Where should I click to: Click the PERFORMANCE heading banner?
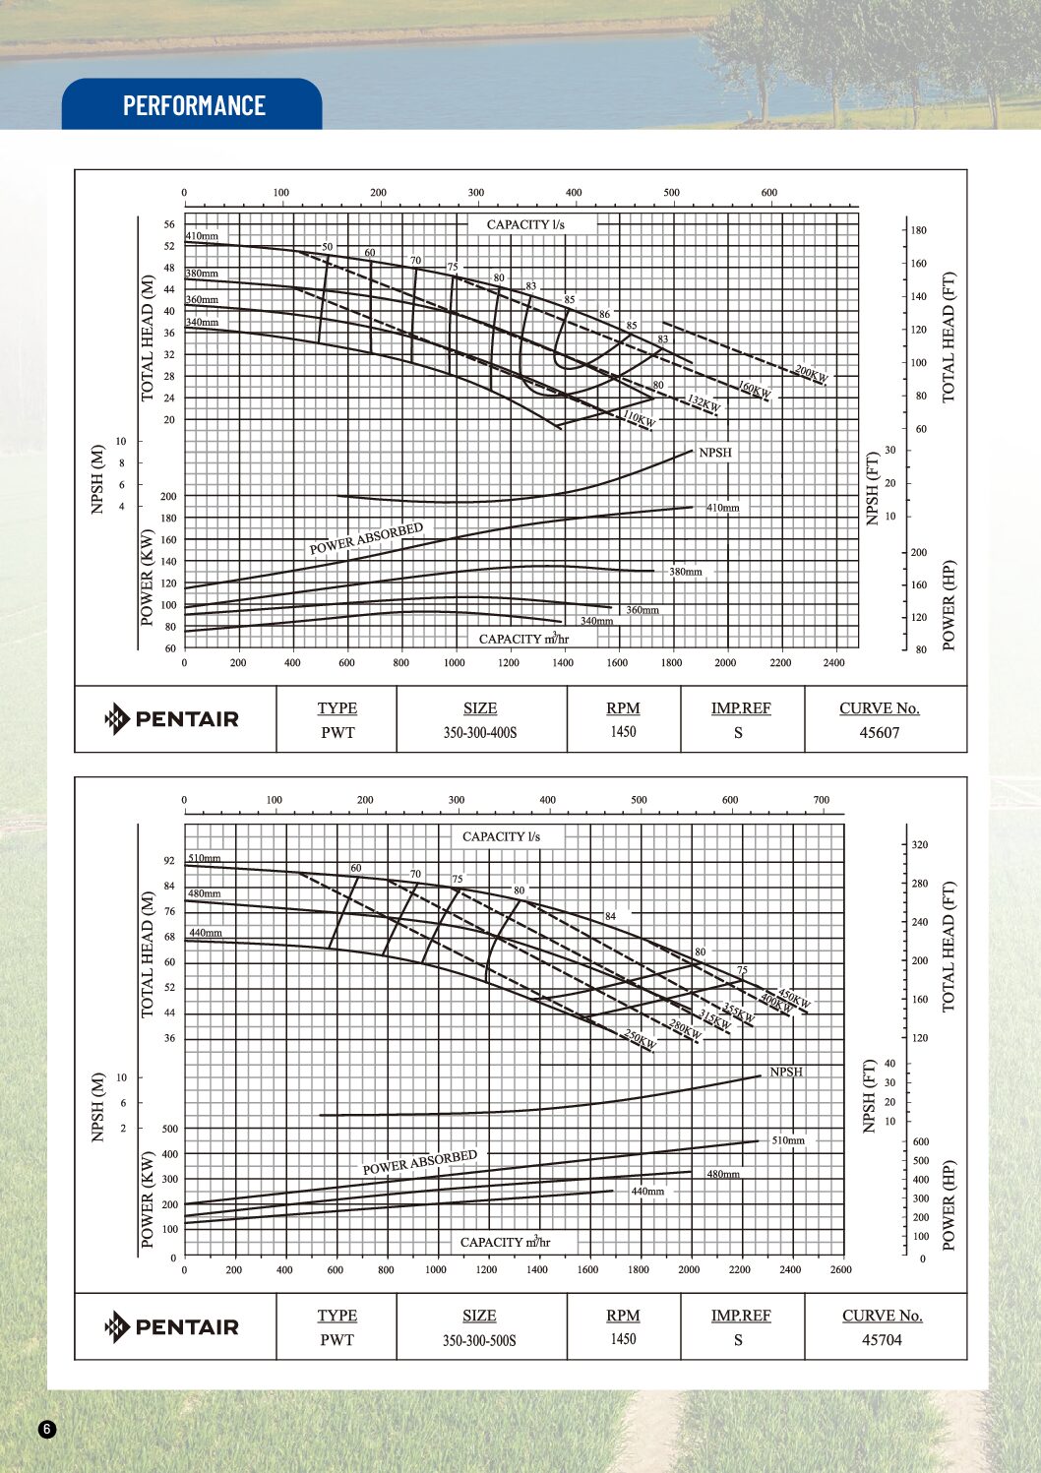[194, 105]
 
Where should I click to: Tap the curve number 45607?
[879, 732]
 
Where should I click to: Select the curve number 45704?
[881, 1339]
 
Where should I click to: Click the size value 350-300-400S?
[479, 732]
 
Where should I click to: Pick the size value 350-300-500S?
[479, 1339]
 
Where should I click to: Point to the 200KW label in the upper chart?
[812, 375]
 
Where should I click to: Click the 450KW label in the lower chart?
[794, 999]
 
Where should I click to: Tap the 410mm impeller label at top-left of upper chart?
[202, 236]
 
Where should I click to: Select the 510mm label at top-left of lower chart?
[205, 858]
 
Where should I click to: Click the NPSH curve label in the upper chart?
[715, 453]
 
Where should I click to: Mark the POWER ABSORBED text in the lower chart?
[420, 1162]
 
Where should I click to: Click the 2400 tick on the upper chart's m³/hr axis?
[833, 663]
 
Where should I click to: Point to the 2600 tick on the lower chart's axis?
[840, 1269]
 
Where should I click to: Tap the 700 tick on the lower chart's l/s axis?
[821, 800]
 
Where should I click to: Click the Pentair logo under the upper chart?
[172, 719]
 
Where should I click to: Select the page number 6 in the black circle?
[48, 1429]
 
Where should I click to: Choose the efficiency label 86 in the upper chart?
[604, 315]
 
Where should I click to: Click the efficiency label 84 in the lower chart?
[610, 916]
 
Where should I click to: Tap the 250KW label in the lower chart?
[640, 1039]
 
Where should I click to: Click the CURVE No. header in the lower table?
[882, 1316]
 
